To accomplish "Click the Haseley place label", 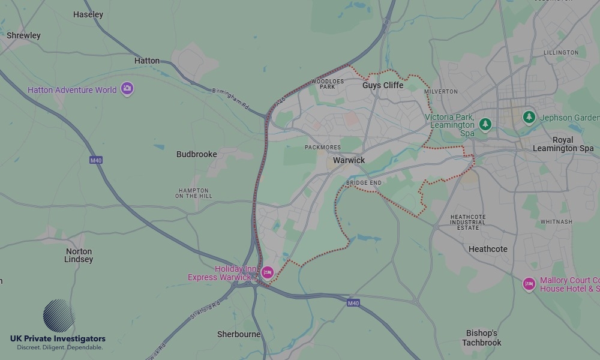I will coord(88,14).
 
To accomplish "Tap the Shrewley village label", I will coord(23,35).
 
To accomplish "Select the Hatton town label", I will coord(147,61).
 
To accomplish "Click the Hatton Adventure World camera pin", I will coord(127,89).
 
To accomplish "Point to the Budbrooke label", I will coord(196,154).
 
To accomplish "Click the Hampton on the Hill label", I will coord(194,193).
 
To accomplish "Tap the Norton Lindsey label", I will coord(79,256).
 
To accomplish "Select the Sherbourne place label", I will coord(239,334).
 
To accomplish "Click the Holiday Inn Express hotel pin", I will coord(268,273).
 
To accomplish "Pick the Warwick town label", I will coord(349,160).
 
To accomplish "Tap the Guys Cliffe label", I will coord(383,86).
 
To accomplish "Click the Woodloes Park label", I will coord(328,83).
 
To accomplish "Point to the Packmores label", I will coord(322,148).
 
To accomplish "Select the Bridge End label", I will coord(364,182).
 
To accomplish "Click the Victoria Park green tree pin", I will coord(485,124).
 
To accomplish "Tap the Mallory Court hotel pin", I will coord(529,284).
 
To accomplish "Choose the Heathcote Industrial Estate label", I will coord(468,222).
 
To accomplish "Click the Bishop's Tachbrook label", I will coord(481,338).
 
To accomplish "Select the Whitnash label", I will coord(556,221).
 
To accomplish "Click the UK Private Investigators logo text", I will coord(58,339).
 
